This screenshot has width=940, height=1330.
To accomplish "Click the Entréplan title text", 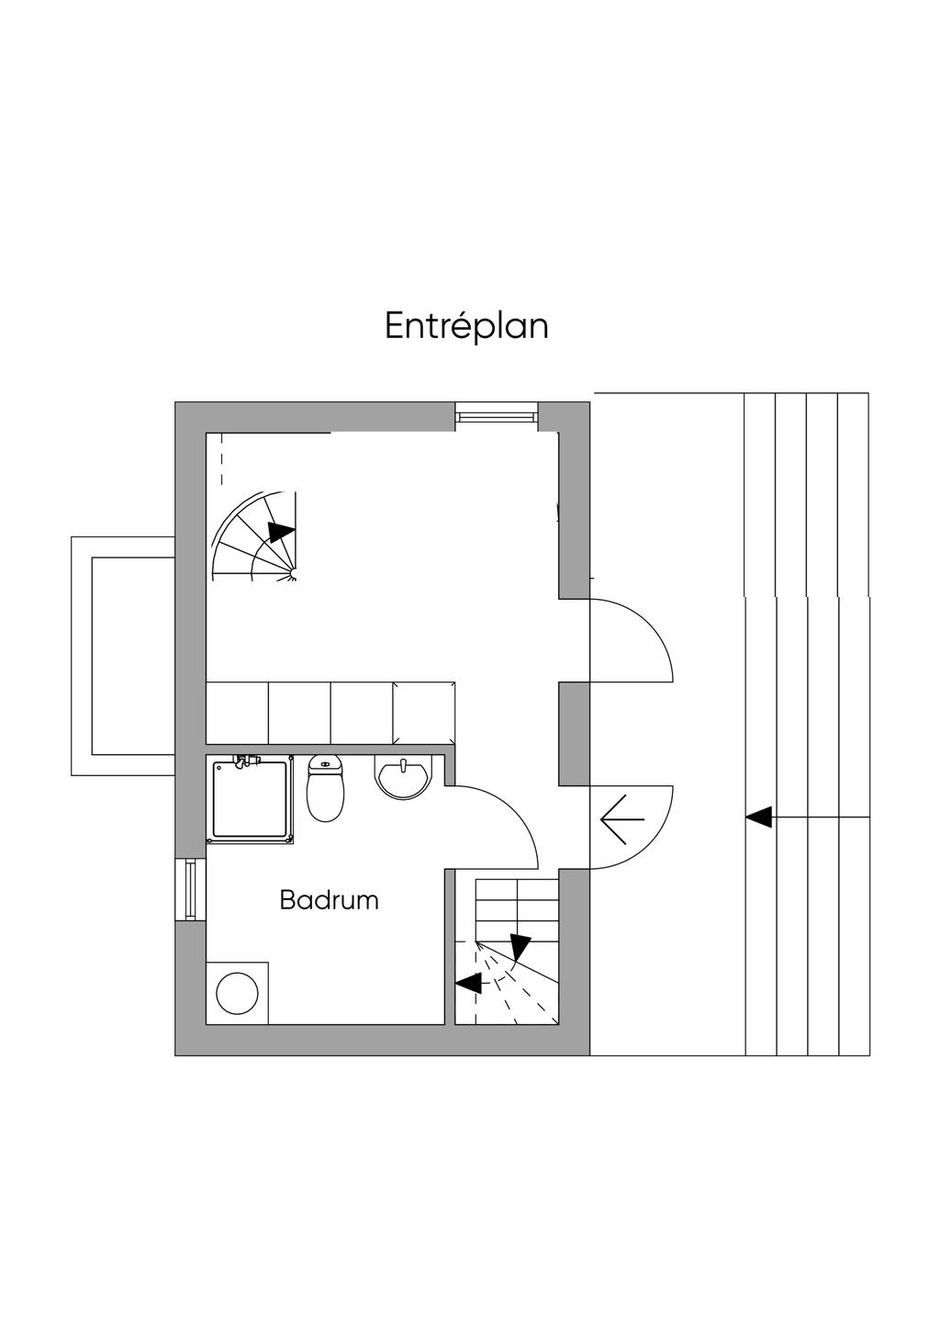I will pos(466,326).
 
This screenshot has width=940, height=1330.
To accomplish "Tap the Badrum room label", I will pos(329,900).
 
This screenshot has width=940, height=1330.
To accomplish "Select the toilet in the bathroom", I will pos(325,789).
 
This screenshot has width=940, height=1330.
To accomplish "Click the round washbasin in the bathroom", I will pos(402,778).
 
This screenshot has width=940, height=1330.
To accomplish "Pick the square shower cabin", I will pos(251,799).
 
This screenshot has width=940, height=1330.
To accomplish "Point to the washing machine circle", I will pos(237,993).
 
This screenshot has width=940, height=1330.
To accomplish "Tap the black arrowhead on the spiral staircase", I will pos(281,532).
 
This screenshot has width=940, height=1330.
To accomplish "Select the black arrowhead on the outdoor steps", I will pos(758,817).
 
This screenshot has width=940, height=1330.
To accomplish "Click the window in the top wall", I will pos(496,417).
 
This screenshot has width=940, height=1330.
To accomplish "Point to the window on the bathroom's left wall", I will pos(190,889).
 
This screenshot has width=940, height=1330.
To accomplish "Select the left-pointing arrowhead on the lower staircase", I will pos(469,983).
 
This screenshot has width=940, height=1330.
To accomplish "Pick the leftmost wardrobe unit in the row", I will pos(237,713).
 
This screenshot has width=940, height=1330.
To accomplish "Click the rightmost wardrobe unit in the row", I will pos(424,713).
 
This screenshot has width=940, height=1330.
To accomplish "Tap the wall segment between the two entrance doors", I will pos(574,734).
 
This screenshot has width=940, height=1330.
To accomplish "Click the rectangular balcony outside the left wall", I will pos(124,656).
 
